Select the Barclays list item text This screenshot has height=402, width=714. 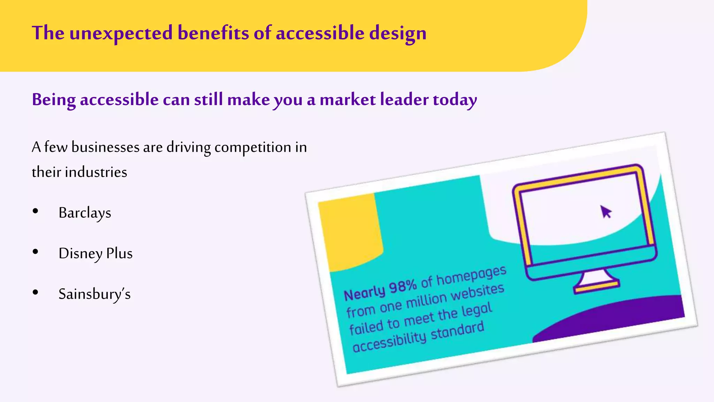point(85,213)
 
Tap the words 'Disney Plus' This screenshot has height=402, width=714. point(96,253)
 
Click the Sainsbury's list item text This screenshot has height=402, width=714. point(94,294)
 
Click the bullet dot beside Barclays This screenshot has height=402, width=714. point(35,211)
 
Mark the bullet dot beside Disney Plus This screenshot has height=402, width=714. point(35,252)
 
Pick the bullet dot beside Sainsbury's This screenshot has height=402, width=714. point(35,292)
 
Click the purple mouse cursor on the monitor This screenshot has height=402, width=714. point(606,211)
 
